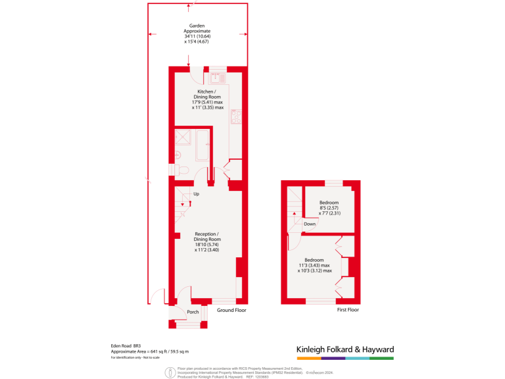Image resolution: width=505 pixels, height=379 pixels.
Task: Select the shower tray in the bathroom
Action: (x=184, y=139)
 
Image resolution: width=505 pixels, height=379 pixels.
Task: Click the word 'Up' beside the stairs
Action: (x=196, y=193)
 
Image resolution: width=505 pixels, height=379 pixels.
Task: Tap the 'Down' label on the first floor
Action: (x=310, y=224)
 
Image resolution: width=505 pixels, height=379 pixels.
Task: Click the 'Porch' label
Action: (x=193, y=312)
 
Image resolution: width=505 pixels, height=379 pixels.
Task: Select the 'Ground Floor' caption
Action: (x=231, y=309)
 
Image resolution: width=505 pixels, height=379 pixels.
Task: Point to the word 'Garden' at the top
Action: (x=198, y=26)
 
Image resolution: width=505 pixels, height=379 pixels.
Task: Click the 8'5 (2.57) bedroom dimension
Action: (x=329, y=207)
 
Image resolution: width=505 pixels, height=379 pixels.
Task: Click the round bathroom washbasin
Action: (x=178, y=155)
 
